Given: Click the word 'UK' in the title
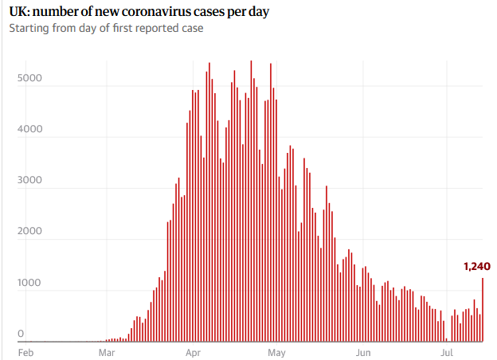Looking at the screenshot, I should pos(18,12).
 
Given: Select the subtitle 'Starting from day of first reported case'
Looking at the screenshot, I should pos(106,29).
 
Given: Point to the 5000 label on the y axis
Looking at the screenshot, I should pos(32,78).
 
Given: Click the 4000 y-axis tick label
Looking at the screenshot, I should pos(32,129).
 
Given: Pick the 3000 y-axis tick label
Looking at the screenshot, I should pos(32,181).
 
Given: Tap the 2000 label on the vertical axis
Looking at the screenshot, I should pos(32,232).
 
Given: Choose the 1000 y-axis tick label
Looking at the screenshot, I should pos(32,283).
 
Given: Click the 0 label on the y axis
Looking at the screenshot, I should pos(22,334).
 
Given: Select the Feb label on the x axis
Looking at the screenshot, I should pos(25,351).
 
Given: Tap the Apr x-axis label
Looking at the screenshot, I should pos(192,351).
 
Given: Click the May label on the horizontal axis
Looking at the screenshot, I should pos(276,351).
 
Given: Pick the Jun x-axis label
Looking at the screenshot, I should pos(363,351).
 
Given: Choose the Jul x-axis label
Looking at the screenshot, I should pos(447,351).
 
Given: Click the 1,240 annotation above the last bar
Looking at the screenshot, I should pos(476,266).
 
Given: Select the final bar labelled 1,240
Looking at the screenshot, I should pos(483,310).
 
